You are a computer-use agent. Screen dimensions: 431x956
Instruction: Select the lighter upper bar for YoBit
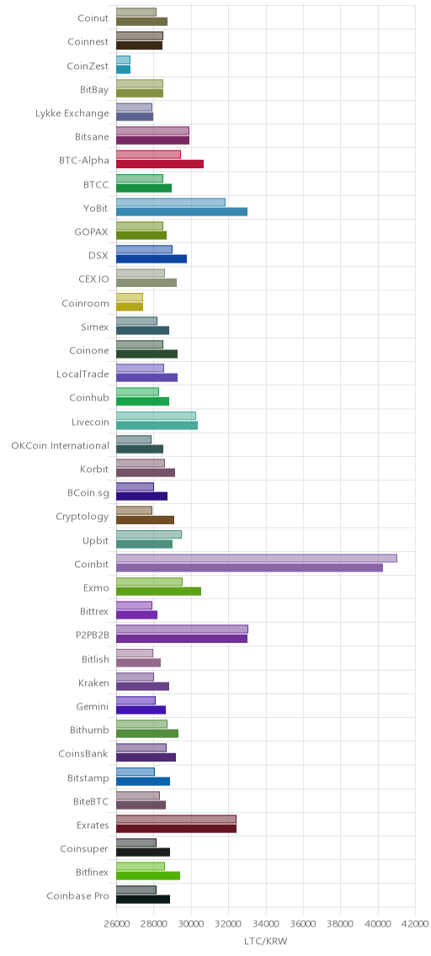pos(171,203)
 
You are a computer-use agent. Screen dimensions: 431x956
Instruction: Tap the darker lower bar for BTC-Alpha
pos(160,164)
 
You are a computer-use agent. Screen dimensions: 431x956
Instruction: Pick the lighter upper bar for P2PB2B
pos(182,629)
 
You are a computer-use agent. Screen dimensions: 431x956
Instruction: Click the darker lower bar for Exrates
pos(176,829)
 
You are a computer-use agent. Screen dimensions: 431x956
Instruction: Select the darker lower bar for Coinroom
pos(130,306)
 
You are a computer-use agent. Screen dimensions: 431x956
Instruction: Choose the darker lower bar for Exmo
pos(158,592)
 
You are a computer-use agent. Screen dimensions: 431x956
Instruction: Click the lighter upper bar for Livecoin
pos(156,416)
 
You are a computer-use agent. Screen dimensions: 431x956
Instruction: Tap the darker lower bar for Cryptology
pos(145,520)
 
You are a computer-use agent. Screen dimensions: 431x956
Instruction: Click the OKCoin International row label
pos(61,446)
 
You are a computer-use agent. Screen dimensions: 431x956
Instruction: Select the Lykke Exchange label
pos(72,114)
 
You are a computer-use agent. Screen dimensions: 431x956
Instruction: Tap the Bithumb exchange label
pos(89,730)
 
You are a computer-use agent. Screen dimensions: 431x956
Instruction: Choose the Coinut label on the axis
pos(93,19)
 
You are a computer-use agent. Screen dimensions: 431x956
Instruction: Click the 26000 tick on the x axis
pos(116,924)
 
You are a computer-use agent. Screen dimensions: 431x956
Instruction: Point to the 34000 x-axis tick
pos(266,924)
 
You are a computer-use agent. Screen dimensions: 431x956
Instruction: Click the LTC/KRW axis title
pos(265,942)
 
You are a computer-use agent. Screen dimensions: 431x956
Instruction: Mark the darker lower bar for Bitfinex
pos(148,876)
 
